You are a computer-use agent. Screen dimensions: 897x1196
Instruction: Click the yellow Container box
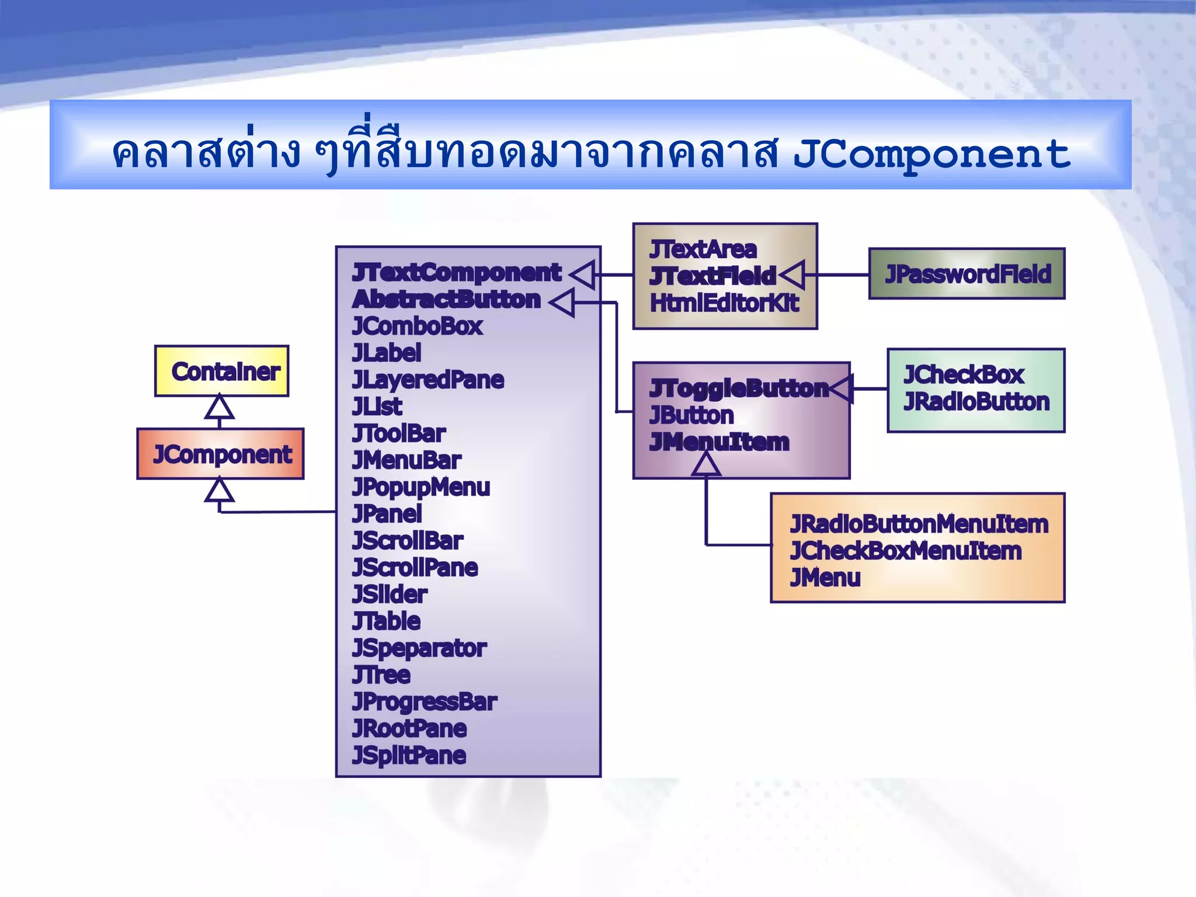222,371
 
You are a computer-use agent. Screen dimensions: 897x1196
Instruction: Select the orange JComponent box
221,454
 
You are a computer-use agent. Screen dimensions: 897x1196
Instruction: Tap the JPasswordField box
967,274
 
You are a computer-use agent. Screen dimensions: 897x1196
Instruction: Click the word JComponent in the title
931,154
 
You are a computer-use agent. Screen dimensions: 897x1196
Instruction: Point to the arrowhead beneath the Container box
220,407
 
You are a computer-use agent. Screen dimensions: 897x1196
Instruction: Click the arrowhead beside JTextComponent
583,274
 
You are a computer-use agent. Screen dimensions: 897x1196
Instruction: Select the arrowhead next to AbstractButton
562,302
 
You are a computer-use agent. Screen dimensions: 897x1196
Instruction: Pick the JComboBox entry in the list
417,326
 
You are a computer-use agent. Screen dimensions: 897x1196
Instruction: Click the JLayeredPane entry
427,380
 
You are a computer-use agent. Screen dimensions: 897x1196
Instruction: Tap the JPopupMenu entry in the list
420,487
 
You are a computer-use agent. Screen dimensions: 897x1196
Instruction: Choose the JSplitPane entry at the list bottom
409,755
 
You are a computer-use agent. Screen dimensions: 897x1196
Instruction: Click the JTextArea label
703,249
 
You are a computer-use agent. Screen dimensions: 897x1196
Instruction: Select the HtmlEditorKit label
724,303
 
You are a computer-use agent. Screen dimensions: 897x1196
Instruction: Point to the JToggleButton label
738,388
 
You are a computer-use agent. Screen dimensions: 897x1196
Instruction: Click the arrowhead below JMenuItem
705,465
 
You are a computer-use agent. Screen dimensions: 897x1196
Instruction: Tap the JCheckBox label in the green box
964,375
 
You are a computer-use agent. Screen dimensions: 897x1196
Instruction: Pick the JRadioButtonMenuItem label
919,524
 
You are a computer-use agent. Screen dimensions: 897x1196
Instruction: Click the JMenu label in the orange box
825,578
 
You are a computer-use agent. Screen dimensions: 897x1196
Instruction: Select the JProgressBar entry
424,701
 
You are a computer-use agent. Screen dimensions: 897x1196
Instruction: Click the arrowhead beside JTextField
792,274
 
